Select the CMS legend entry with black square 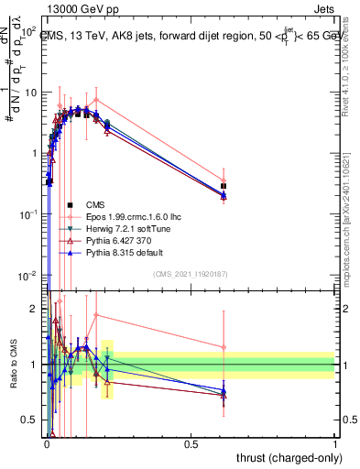pos(95,204)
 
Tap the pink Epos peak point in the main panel pos(96,99)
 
